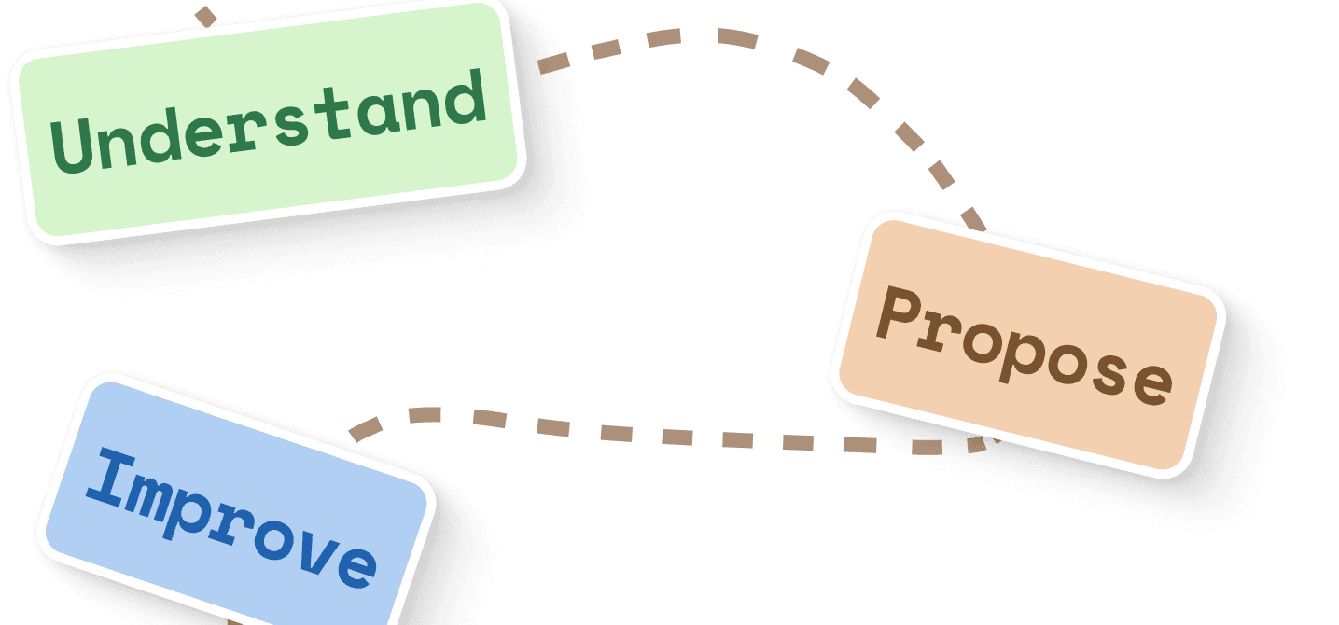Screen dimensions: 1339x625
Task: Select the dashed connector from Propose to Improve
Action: point(653,435)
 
